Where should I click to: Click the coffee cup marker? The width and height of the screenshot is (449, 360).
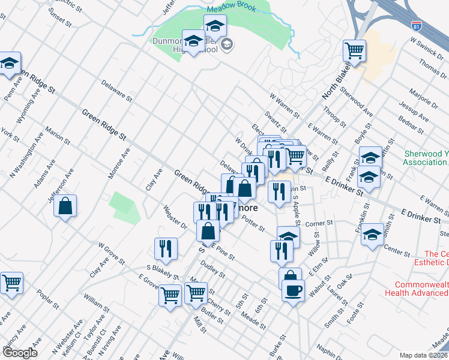[293, 291]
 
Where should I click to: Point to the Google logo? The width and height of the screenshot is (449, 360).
[19, 352]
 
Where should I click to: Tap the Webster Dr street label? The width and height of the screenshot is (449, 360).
[175, 217]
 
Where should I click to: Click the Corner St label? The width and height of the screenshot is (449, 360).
[315, 223]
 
